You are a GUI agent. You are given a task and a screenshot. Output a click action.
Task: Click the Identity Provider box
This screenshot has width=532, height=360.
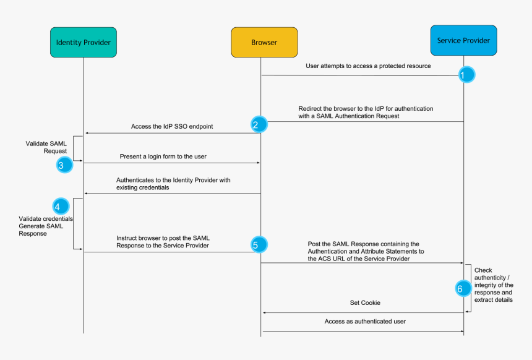pyautogui.click(x=84, y=43)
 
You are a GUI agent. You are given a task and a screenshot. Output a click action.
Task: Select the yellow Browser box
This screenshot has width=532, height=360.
pyautogui.click(x=264, y=43)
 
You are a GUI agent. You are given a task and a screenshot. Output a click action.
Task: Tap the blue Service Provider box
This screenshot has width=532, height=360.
pyautogui.click(x=463, y=41)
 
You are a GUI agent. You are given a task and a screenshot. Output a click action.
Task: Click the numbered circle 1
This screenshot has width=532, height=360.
pyautogui.click(x=466, y=75)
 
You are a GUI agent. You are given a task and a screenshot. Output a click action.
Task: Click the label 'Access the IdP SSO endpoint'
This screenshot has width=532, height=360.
pyautogui.click(x=172, y=126)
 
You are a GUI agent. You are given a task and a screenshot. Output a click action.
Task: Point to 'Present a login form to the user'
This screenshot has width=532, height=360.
pyautogui.click(x=163, y=156)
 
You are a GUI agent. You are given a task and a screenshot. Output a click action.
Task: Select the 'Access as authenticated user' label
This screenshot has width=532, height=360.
pyautogui.click(x=365, y=322)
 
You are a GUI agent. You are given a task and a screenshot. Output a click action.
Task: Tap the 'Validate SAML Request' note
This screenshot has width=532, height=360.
pyautogui.click(x=46, y=147)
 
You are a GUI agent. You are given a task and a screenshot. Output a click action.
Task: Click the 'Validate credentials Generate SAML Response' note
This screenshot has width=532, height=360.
pyautogui.click(x=46, y=226)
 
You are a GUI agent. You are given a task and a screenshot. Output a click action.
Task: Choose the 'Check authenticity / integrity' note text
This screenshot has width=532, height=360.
pyautogui.click(x=494, y=285)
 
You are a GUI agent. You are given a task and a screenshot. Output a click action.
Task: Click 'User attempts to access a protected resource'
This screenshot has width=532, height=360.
pyautogui.click(x=368, y=66)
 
